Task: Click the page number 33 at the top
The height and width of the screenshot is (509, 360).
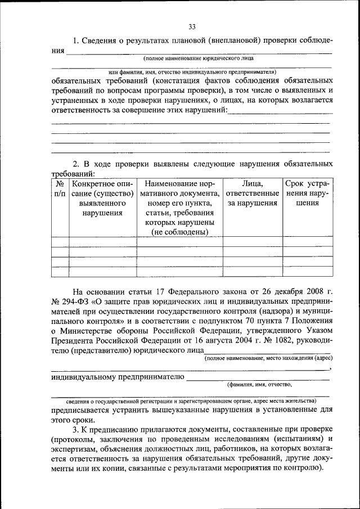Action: (x=192, y=26)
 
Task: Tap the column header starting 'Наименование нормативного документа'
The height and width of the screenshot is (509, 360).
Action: (x=179, y=208)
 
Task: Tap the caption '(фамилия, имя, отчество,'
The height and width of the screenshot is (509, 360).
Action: (x=259, y=385)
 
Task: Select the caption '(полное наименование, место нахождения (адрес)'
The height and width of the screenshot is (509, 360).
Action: (x=268, y=358)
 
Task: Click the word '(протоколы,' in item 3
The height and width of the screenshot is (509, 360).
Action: (x=75, y=439)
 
